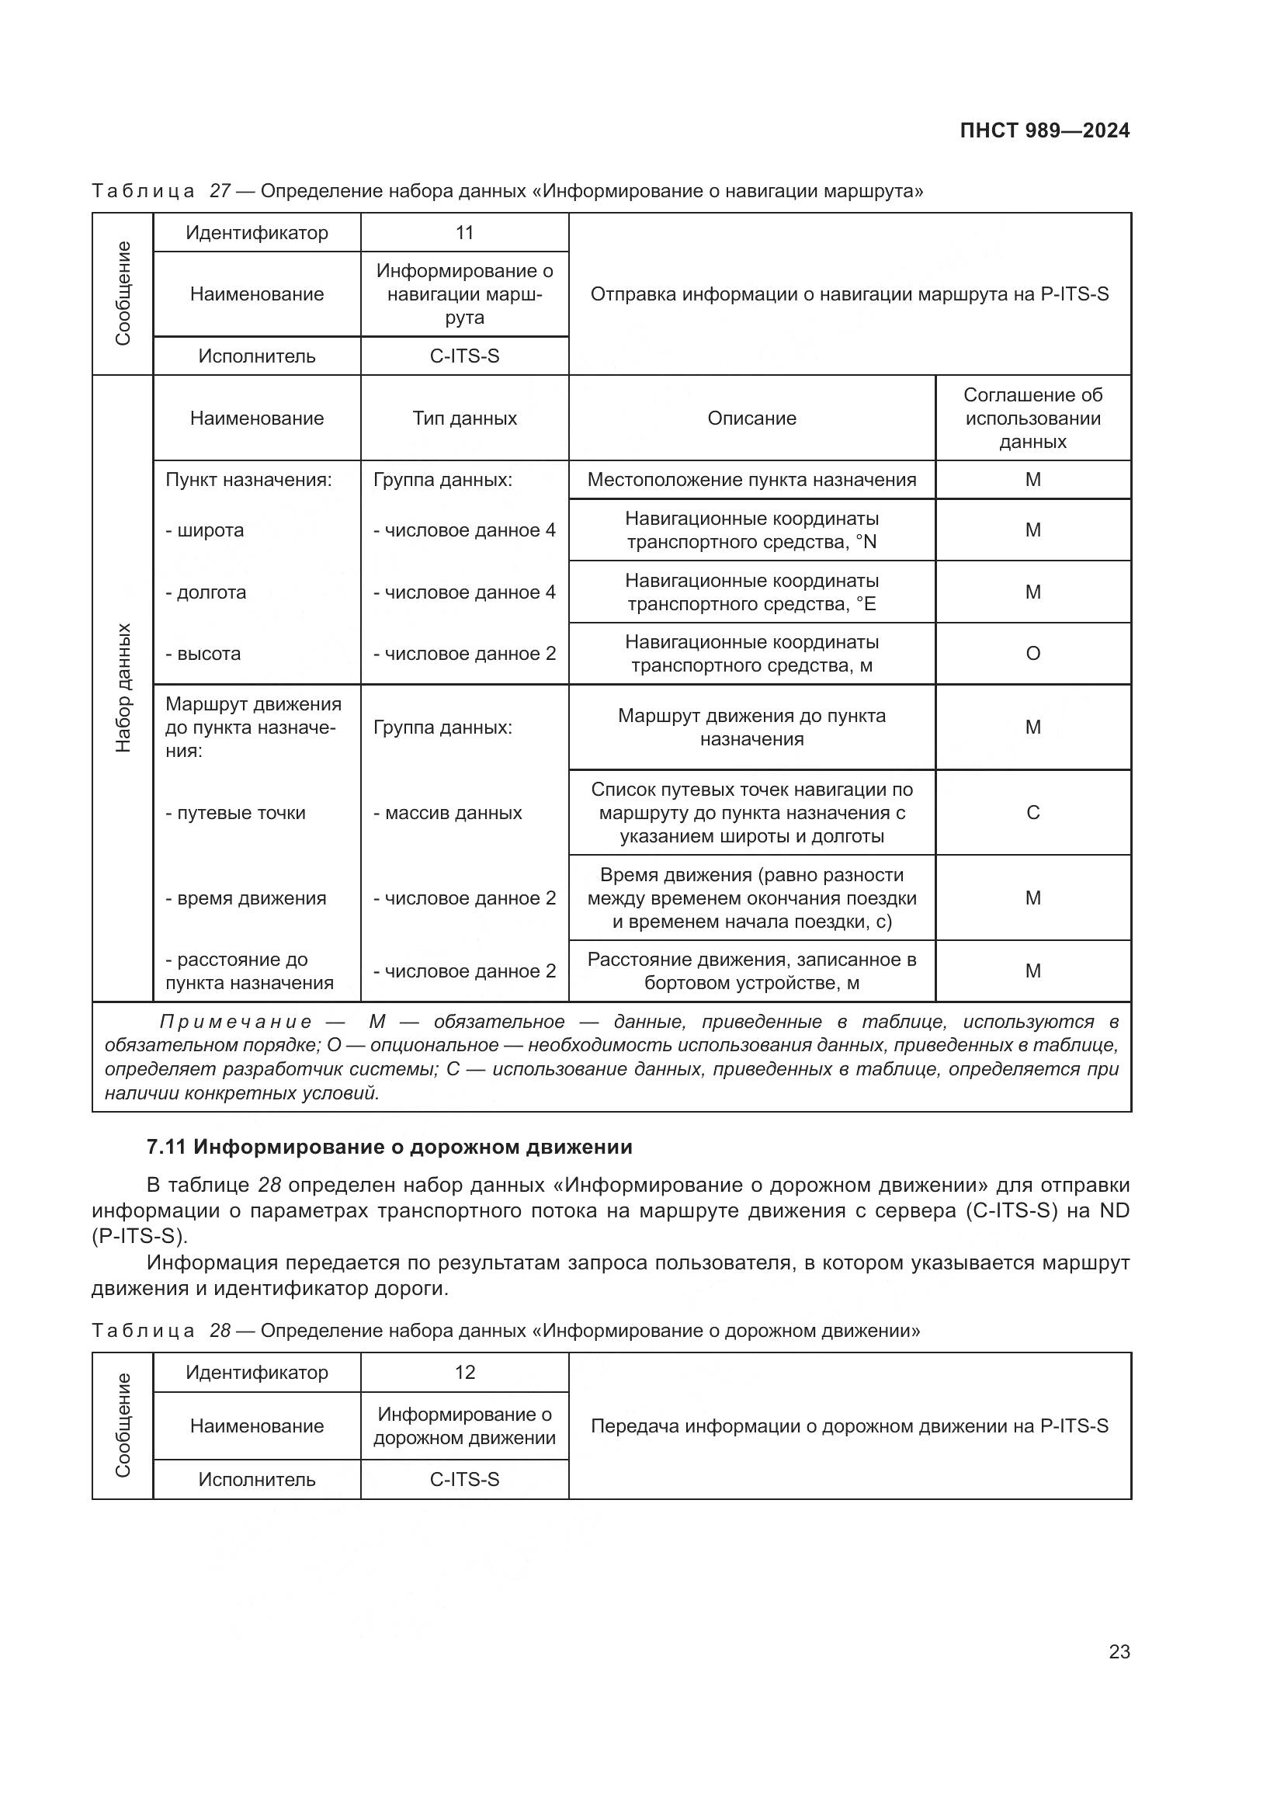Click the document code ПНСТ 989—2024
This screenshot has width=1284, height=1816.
tap(1044, 130)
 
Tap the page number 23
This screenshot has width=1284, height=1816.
tap(1119, 1651)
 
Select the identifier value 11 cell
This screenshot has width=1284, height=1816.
tap(464, 233)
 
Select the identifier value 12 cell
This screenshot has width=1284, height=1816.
tap(464, 1372)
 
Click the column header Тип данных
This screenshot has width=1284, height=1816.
tap(464, 418)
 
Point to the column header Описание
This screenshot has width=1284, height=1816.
tap(751, 418)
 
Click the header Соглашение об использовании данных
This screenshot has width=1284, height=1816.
tap(1032, 418)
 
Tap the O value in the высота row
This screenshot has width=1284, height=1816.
tap(1032, 653)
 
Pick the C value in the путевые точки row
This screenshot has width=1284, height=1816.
tap(1032, 812)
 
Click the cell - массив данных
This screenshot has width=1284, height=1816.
tap(447, 813)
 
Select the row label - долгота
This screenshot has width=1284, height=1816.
tap(206, 592)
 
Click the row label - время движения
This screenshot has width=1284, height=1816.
tap(245, 898)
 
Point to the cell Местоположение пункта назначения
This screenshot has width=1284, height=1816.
tap(751, 480)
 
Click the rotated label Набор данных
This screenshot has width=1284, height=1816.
tap(123, 687)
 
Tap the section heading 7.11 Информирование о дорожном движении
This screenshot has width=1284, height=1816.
tap(389, 1147)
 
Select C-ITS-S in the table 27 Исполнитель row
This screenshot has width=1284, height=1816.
tap(464, 356)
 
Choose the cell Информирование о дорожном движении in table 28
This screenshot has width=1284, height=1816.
tap(464, 1426)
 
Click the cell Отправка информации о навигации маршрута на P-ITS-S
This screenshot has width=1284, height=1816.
tap(849, 294)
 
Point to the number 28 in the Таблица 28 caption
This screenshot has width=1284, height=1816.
tap(220, 1331)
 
